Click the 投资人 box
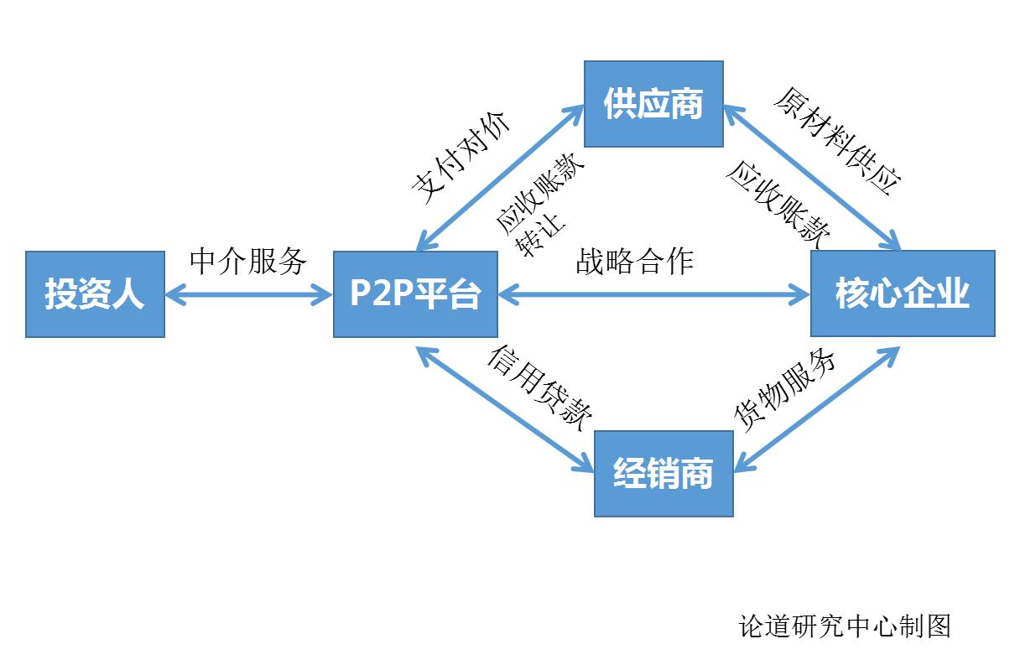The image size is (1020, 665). pyautogui.click(x=95, y=294)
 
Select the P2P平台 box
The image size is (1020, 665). pyautogui.click(x=415, y=294)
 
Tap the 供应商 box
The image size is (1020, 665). pyautogui.click(x=653, y=103)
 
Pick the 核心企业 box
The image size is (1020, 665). pyautogui.click(x=902, y=294)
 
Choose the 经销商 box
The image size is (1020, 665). pyautogui.click(x=663, y=474)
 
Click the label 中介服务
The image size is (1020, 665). pyautogui.click(x=248, y=262)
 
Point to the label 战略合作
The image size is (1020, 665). pyautogui.click(x=635, y=262)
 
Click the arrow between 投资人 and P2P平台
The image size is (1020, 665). pyautogui.click(x=249, y=294)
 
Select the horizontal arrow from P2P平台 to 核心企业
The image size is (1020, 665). pyautogui.click(x=654, y=294)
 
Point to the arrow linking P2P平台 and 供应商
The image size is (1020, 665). pyautogui.click(x=500, y=178)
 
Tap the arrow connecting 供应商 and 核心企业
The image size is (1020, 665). pyautogui.click(x=812, y=177)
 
